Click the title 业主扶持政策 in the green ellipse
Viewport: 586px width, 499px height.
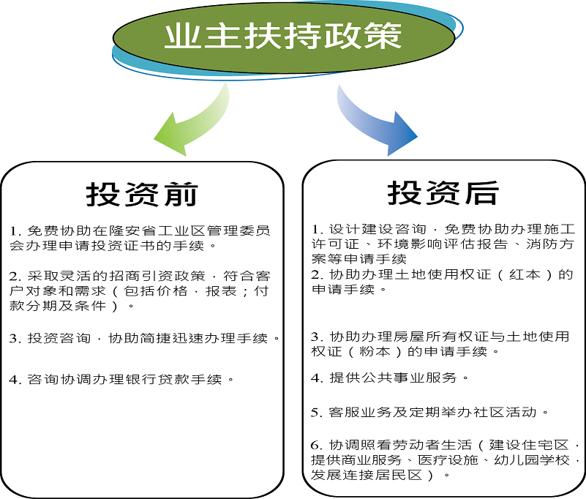pos(283,36)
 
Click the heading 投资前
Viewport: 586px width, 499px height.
pos(142,195)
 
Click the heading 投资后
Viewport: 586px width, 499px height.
pos(443,193)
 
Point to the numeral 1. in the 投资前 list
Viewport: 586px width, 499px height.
pos(15,231)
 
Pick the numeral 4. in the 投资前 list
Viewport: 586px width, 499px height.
pos(15,380)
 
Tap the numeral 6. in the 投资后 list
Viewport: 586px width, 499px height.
pos(317,445)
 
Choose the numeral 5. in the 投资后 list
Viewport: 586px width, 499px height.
pos(317,412)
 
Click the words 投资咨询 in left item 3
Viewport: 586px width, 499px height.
pos(59,338)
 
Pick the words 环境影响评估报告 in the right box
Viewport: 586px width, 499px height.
pos(443,244)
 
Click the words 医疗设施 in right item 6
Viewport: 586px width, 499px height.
pos(448,459)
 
